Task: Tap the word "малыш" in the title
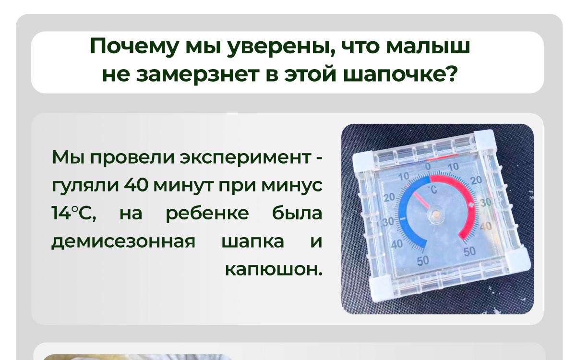pos(428,47)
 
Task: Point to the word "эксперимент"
pos(245,158)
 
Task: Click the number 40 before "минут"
pos(136,185)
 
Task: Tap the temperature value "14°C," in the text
pos(74,213)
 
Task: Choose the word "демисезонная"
pos(123,241)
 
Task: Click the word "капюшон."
pos(274,269)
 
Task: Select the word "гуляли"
pos(85,186)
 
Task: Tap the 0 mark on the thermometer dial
pos(428,167)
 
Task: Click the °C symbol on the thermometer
pos(432,190)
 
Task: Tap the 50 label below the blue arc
pos(423,261)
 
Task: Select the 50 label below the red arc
pos(469,252)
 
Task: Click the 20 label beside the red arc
pos(476,180)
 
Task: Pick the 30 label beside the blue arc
pos(388,222)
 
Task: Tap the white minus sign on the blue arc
pos(403,219)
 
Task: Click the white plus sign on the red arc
pos(471,204)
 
